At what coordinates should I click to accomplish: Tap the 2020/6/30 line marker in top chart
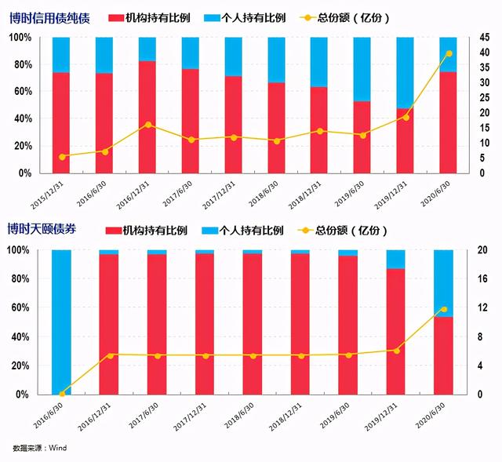tap(449, 53)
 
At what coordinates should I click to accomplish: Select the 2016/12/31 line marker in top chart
tap(147, 125)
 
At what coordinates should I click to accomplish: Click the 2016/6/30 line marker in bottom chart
tap(61, 393)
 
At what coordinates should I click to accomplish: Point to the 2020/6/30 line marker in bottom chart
tap(444, 309)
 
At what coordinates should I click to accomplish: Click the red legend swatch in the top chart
tap(115, 17)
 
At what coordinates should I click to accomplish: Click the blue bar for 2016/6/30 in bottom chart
tap(61, 322)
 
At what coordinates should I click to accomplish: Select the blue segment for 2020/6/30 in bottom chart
tap(444, 282)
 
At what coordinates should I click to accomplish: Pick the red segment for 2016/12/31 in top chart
tap(147, 118)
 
